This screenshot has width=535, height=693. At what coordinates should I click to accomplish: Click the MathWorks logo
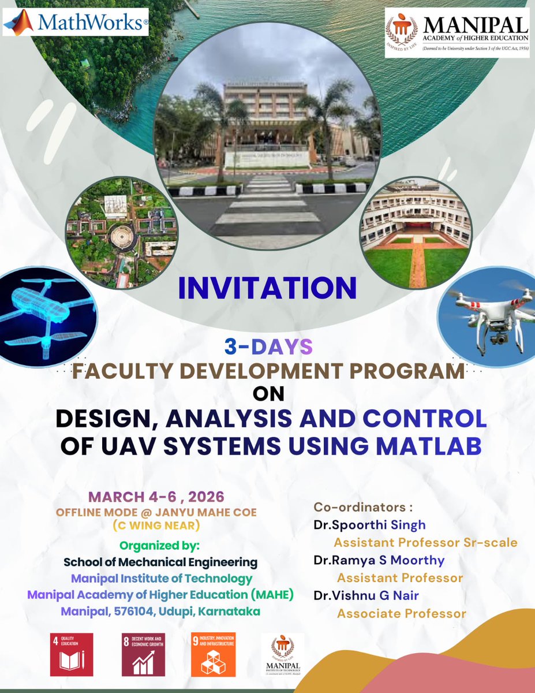(75, 23)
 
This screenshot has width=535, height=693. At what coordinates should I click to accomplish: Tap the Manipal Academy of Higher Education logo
(457, 33)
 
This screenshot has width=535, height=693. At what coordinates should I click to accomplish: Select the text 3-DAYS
(268, 348)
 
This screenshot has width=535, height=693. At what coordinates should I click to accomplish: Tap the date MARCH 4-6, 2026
(155, 496)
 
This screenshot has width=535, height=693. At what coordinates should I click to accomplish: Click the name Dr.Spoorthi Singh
(369, 525)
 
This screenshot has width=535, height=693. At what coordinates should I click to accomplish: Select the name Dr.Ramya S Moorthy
(379, 560)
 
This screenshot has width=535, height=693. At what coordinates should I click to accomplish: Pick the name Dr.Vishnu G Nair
(366, 595)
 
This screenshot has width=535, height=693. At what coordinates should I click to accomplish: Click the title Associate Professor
(401, 613)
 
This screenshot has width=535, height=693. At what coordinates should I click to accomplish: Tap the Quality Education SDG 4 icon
(72, 654)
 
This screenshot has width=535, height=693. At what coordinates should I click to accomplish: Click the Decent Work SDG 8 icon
(143, 654)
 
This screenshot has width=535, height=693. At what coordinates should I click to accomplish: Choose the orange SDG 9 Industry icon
(213, 654)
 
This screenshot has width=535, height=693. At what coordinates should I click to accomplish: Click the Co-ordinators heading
(363, 506)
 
